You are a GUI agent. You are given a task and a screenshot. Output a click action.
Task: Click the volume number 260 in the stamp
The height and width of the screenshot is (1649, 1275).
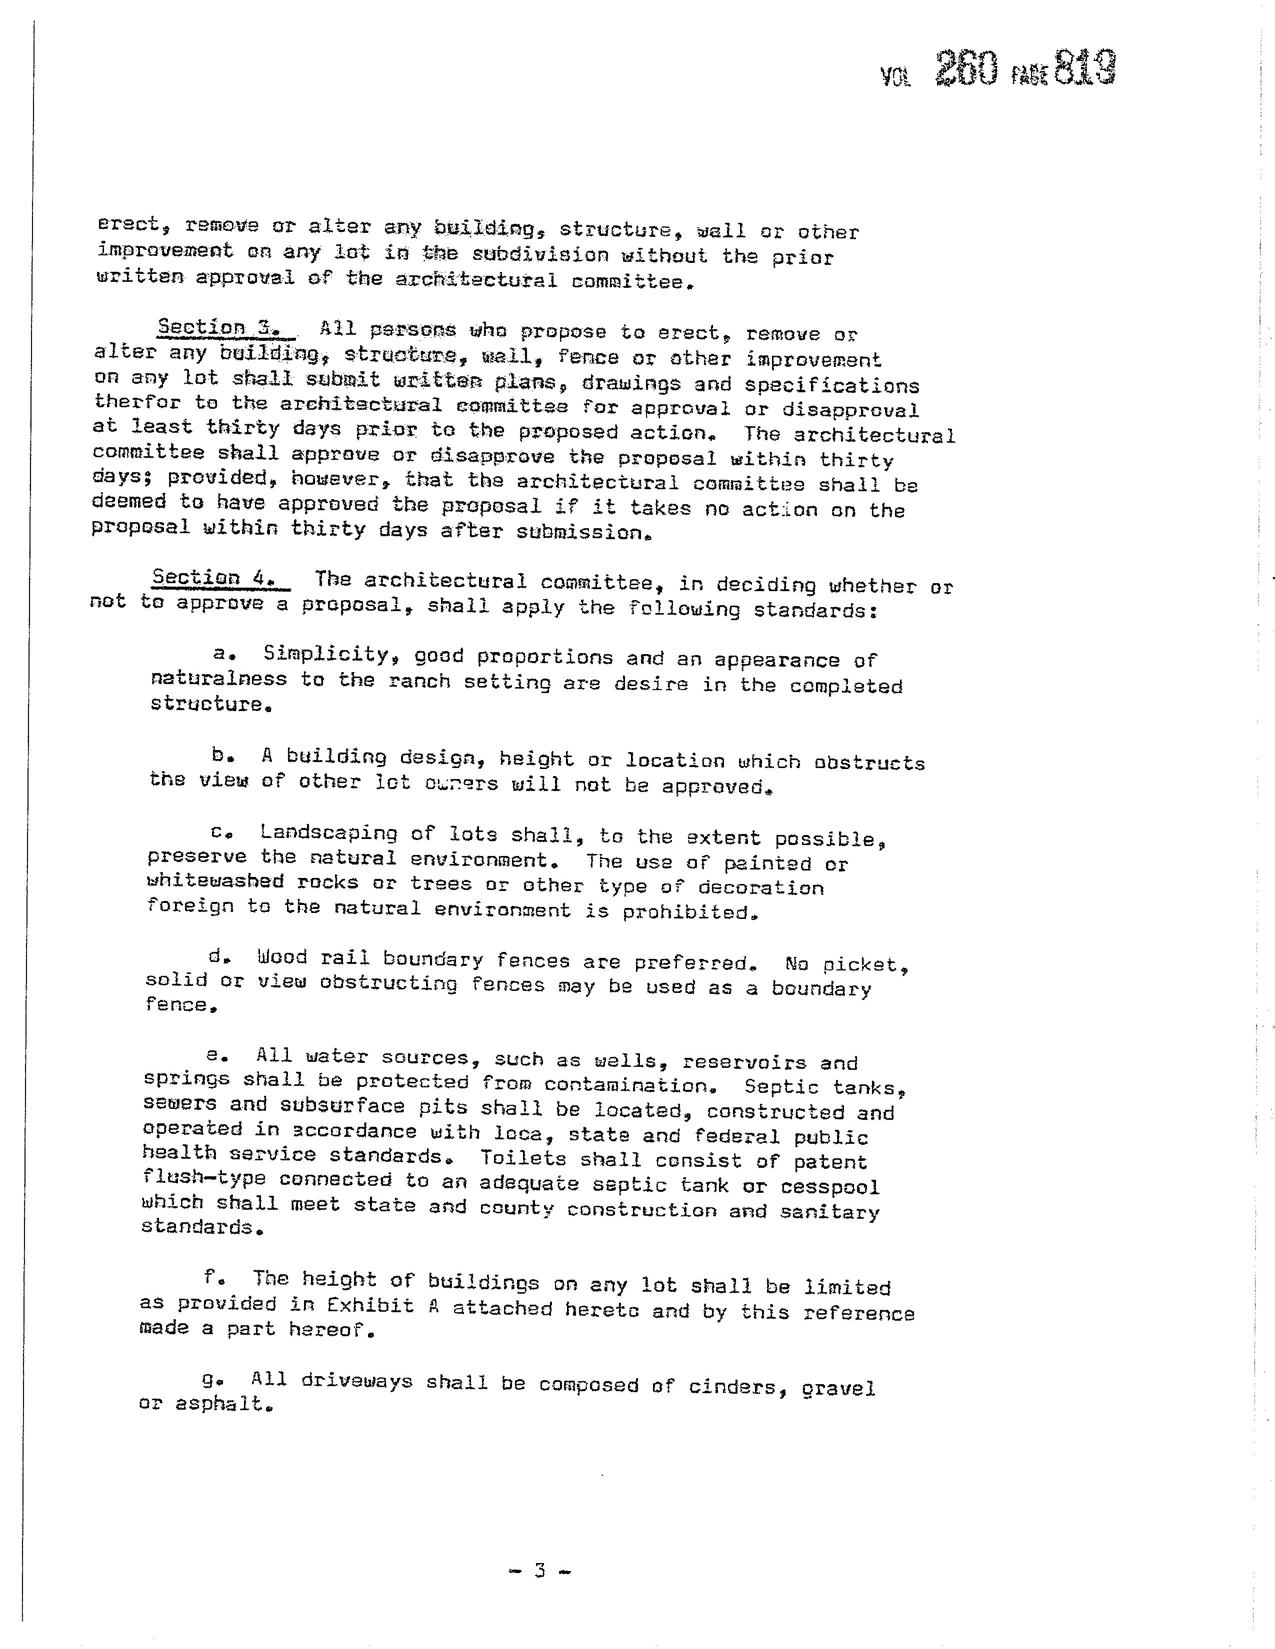click(967, 69)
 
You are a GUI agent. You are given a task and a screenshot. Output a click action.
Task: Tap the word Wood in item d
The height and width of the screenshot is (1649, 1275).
click(281, 957)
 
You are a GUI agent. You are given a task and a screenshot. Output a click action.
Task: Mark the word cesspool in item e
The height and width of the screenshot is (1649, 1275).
click(829, 1187)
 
